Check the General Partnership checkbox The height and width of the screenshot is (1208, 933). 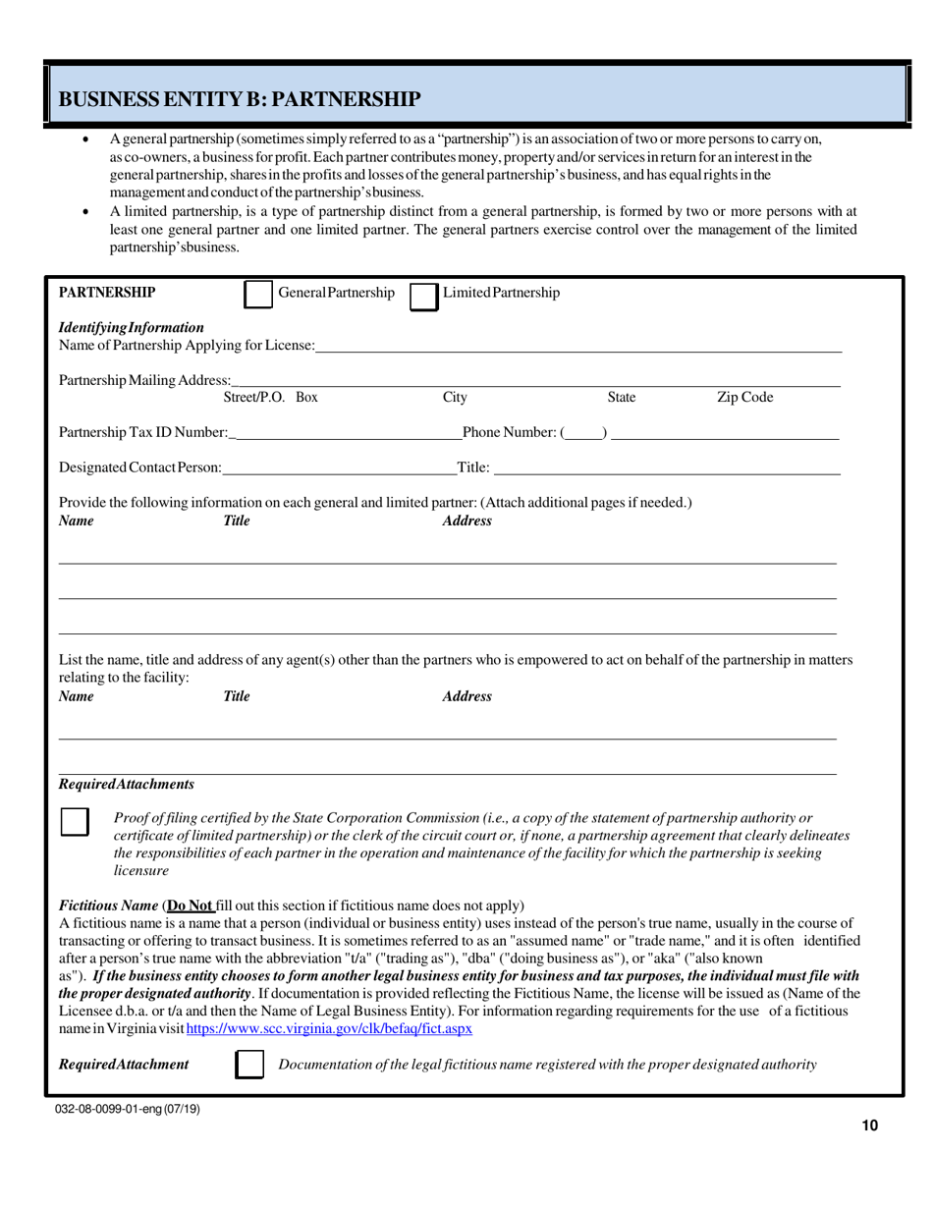pyautogui.click(x=257, y=295)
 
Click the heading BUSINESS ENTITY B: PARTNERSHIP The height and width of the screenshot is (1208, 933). pyautogui.click(x=241, y=98)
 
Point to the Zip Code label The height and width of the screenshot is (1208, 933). pyautogui.click(x=744, y=398)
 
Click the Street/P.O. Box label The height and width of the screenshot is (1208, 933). pyautogui.click(x=271, y=398)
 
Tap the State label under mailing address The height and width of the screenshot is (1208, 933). pyautogui.click(x=622, y=398)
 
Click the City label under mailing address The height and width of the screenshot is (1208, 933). pyautogui.click(x=455, y=398)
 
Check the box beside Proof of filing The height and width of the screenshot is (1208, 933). pyautogui.click(x=75, y=821)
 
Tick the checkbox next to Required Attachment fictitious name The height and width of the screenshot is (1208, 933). pyautogui.click(x=251, y=1065)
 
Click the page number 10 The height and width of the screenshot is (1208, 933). pyautogui.click(x=869, y=1126)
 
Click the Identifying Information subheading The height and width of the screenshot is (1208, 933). pyautogui.click(x=132, y=326)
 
